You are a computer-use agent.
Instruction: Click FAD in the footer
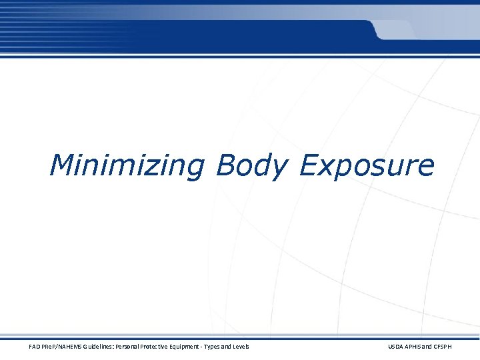tap(34, 347)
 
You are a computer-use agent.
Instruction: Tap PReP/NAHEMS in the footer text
tap(62, 347)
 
